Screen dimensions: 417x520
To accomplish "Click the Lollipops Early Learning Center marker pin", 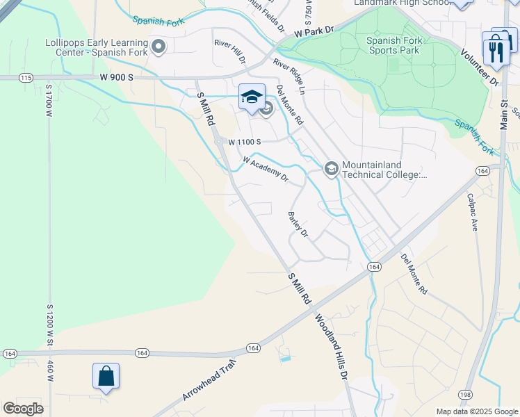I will click(x=159, y=47).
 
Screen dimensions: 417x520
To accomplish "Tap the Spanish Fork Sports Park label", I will click(x=393, y=45).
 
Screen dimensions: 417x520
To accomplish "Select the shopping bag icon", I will click(x=106, y=376).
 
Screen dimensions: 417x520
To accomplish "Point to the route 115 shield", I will click(x=26, y=78).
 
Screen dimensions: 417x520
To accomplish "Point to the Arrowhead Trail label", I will click(x=209, y=379).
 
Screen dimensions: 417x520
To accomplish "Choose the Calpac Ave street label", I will click(x=472, y=212).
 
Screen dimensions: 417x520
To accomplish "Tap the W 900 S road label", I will click(x=116, y=77).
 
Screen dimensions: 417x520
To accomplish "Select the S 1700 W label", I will click(x=49, y=112).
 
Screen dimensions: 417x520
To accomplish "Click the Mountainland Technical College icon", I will click(x=331, y=168).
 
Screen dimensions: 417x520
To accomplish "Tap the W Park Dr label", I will click(x=314, y=32).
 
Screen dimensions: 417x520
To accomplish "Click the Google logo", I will click(x=23, y=408).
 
